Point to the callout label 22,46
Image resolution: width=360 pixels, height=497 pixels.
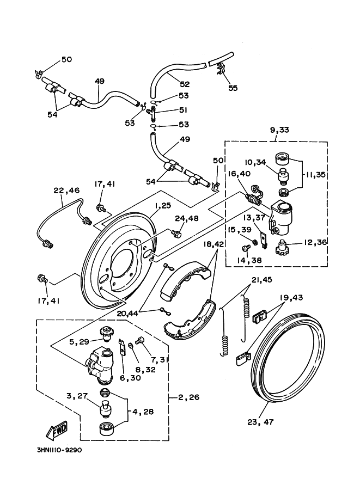(66, 191)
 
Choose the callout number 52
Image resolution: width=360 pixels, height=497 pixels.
(185, 84)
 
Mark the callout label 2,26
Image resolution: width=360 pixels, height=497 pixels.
(188, 397)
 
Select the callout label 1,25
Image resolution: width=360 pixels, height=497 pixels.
(163, 206)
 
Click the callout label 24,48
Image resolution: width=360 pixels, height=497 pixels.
(187, 219)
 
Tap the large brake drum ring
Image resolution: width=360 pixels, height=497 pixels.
(289, 359)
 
